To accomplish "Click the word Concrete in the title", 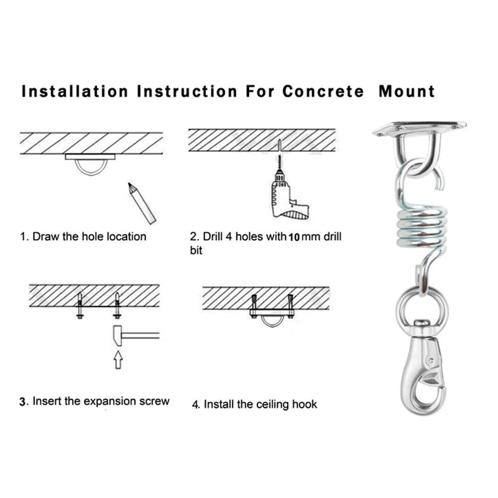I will click(323, 92).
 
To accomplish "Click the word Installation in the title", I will click(75, 92).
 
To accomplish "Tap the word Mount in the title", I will click(406, 92).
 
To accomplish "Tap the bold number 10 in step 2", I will click(294, 237).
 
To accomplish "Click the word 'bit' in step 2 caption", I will click(196, 250).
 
